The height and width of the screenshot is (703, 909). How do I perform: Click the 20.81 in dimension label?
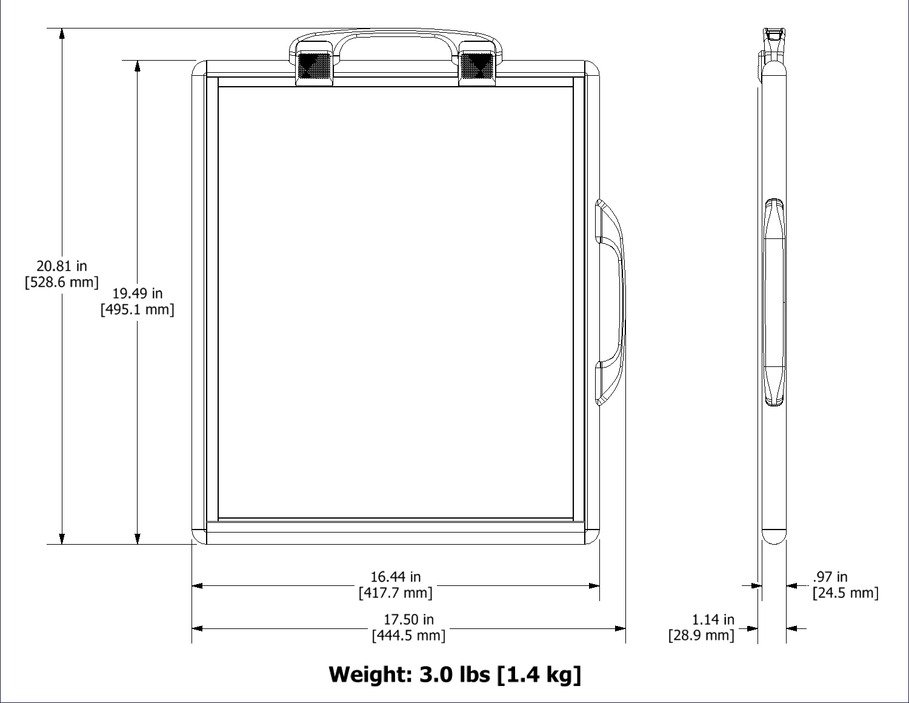[x=61, y=266]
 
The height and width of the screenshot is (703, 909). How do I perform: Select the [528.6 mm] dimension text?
[x=61, y=282]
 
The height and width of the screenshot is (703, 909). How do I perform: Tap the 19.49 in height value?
[x=138, y=294]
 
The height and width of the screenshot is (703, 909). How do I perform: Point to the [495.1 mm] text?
[x=138, y=310]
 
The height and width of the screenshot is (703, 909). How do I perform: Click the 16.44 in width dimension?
[x=395, y=577]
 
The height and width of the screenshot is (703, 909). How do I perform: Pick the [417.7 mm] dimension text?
[x=395, y=593]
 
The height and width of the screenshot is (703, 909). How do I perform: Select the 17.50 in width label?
[x=408, y=619]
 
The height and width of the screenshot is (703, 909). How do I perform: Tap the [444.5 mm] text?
[x=408, y=635]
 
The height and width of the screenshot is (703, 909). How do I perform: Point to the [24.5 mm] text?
[x=845, y=593]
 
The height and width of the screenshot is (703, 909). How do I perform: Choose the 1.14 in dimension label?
[x=713, y=619]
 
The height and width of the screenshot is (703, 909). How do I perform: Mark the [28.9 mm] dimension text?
[x=701, y=635]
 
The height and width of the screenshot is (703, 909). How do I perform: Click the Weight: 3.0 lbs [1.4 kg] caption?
[x=454, y=674]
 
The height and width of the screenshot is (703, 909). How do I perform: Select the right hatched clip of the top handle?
[x=476, y=66]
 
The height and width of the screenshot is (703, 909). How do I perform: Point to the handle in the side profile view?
[x=774, y=302]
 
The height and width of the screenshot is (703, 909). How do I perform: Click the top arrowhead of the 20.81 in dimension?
[x=62, y=34]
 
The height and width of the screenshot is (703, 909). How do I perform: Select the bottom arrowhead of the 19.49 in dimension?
[x=138, y=539]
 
